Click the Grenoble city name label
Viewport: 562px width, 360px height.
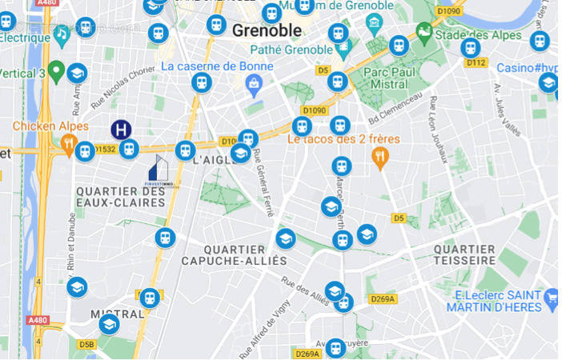267,31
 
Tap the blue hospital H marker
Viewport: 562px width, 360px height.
121,130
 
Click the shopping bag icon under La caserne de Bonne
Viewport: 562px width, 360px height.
255,82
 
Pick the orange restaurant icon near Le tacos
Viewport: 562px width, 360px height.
380,156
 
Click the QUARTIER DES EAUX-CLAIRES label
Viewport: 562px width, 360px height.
120,197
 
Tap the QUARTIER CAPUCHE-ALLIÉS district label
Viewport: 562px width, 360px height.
234,255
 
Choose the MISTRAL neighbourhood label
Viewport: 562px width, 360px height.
117,314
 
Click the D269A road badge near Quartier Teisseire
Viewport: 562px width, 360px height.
383,299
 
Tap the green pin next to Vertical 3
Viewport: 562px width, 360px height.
55,73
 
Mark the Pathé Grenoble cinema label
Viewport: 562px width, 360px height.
269,50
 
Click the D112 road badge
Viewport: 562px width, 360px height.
476,62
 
